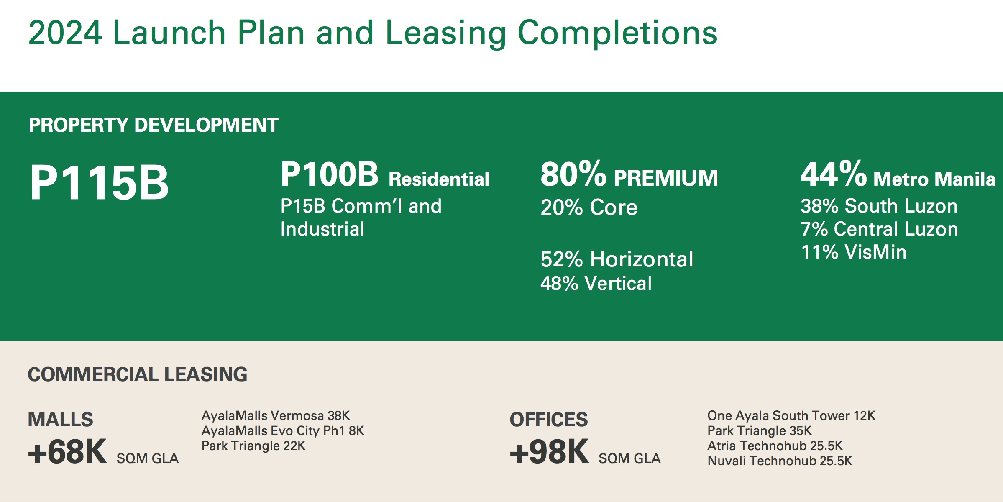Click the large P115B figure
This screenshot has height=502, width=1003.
click(x=100, y=182)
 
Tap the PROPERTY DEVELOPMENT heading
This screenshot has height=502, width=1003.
click(x=154, y=125)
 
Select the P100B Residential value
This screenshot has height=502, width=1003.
click(x=385, y=174)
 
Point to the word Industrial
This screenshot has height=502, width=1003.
click(x=322, y=229)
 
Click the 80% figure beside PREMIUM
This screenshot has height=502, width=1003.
click(x=573, y=174)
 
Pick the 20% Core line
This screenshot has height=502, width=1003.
click(x=589, y=207)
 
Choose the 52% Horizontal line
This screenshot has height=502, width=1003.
click(x=617, y=259)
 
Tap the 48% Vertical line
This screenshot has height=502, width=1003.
click(x=596, y=283)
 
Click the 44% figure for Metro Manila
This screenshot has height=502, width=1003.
click(x=834, y=174)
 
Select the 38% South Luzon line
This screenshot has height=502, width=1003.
click(x=879, y=206)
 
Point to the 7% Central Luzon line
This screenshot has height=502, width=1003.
click(x=879, y=229)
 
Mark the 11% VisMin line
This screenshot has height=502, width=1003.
click(x=854, y=252)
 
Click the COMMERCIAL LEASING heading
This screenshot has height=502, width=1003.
click(x=138, y=374)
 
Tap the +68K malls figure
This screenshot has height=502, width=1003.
click(x=67, y=452)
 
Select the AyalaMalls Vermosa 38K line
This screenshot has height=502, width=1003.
click(x=276, y=416)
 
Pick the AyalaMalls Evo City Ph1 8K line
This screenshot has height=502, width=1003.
click(x=283, y=431)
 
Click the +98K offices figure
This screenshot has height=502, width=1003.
click(x=549, y=452)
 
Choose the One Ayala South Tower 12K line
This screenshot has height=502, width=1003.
click(x=791, y=416)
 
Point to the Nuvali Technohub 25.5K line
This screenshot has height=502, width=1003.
click(x=780, y=461)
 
